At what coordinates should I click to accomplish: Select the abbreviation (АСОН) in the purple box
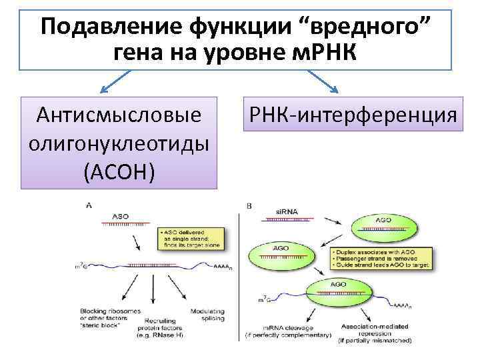coord(120,171)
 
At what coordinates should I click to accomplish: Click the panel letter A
coord(89,205)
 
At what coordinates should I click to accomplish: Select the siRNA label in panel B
coord(284,213)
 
